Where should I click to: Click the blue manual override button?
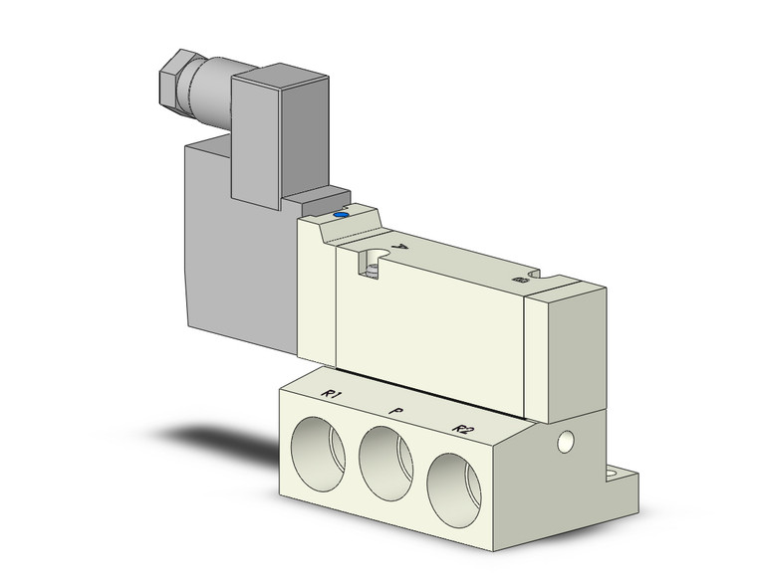pos(342,213)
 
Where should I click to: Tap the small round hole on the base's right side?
pos(567,439)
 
